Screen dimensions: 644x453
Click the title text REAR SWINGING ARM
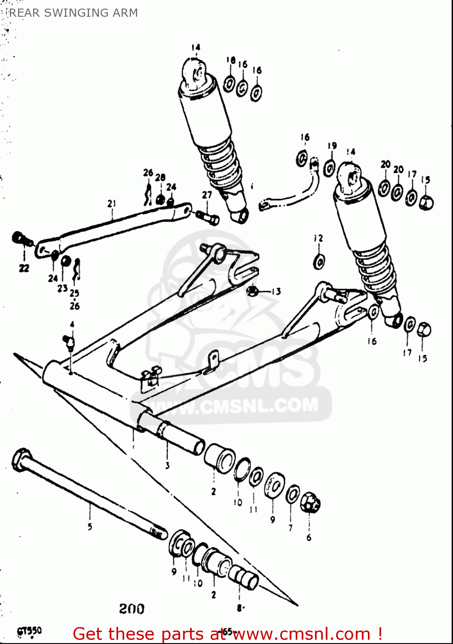pyautogui.click(x=73, y=13)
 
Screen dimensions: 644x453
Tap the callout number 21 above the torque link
pyautogui.click(x=112, y=204)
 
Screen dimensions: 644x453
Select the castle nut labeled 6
pyautogui.click(x=310, y=502)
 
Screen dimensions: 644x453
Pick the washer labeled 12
pyautogui.click(x=319, y=261)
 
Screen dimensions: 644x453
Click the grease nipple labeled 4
pyautogui.click(x=69, y=341)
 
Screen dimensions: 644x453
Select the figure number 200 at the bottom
pyautogui.click(x=132, y=608)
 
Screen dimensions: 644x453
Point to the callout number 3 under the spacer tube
pyautogui.click(x=167, y=465)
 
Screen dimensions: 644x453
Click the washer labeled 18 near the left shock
pyautogui.click(x=229, y=83)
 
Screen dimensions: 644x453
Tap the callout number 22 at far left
pyautogui.click(x=24, y=268)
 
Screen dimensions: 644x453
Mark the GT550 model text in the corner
pyautogui.click(x=29, y=631)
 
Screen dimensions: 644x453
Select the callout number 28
pyautogui.click(x=160, y=177)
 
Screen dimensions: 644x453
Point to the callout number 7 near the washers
pyautogui.click(x=291, y=528)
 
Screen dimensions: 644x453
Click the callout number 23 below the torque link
pyautogui.click(x=62, y=288)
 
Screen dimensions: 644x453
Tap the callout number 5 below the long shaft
pyautogui.click(x=90, y=526)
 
